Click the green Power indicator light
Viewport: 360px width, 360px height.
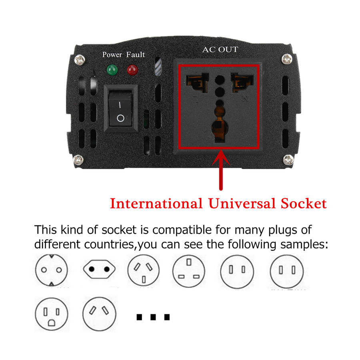point(112,70)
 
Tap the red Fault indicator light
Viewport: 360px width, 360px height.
point(132,70)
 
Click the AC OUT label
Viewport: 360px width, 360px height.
point(220,50)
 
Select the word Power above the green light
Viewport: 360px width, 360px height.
point(112,55)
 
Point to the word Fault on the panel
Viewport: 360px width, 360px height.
point(136,55)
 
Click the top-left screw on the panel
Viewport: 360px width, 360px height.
point(80,60)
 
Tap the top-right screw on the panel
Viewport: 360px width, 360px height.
point(287,59)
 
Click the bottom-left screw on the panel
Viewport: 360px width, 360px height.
point(78,160)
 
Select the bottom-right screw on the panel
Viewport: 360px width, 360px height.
point(288,160)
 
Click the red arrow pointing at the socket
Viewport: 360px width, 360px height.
point(221,170)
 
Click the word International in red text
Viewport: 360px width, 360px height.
point(156,204)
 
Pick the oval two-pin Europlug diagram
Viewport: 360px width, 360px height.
point(99,269)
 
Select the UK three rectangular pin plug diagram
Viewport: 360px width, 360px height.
point(189,271)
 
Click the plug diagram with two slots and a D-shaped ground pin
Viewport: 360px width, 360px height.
point(52,314)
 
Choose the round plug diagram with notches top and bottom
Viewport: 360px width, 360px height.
point(52,270)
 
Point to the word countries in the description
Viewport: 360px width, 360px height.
point(109,244)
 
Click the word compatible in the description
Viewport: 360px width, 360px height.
point(182,230)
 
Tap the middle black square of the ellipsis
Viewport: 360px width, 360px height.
point(153,317)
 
